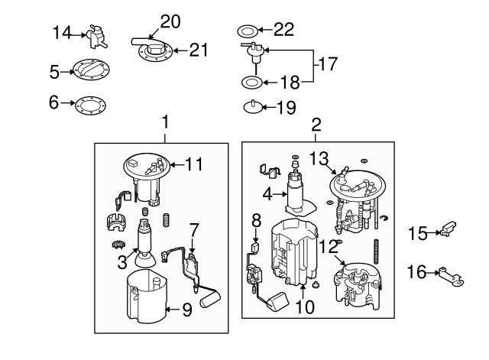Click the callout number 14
(x=61, y=32)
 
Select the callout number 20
(x=170, y=21)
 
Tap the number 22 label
(x=283, y=31)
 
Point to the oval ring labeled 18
(x=254, y=81)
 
